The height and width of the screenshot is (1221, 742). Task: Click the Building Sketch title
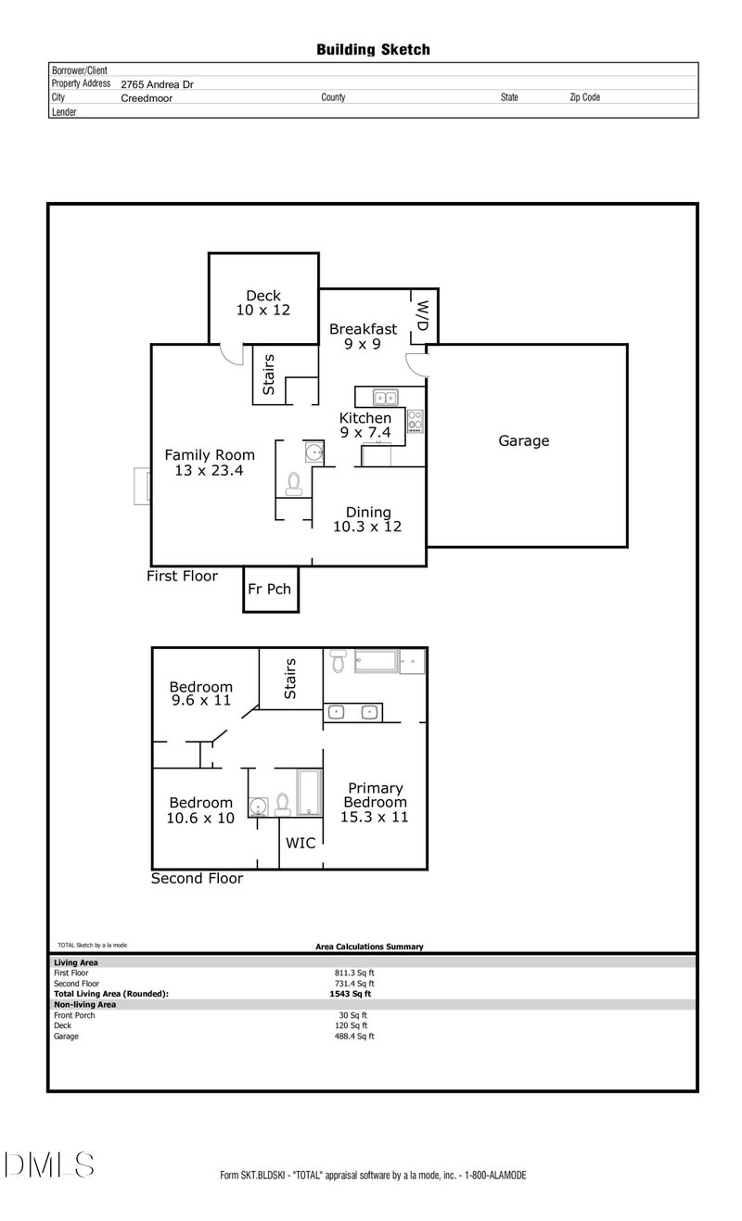pos(373,49)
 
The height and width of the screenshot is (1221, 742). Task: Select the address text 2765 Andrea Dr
pos(157,83)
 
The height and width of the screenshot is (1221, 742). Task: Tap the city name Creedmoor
pos(146,96)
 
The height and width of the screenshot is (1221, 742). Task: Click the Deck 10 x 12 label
pos(263,303)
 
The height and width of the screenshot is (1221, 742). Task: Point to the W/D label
pos(422,316)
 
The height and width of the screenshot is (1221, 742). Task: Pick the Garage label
pos(524,441)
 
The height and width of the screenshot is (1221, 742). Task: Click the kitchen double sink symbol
pos(386,398)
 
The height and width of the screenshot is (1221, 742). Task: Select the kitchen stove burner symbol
pos(416,422)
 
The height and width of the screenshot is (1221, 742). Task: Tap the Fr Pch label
pos(269,590)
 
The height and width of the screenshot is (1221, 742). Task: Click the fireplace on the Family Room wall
pos(141,487)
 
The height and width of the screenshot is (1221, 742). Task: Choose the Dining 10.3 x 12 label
pos(368,519)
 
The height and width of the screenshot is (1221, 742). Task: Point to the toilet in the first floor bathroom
pos(294,484)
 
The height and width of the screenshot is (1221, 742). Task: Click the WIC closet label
pos(301,844)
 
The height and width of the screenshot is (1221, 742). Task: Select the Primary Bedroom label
pos(375,803)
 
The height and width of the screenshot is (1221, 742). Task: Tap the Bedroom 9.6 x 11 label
pos(200,694)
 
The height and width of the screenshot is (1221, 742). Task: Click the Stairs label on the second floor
pos(290,679)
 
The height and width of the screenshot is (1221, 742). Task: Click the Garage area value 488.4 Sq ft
pos(354,1037)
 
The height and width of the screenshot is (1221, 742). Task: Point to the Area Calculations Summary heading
pos(369,947)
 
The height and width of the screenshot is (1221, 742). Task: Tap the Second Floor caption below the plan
pos(197,878)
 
